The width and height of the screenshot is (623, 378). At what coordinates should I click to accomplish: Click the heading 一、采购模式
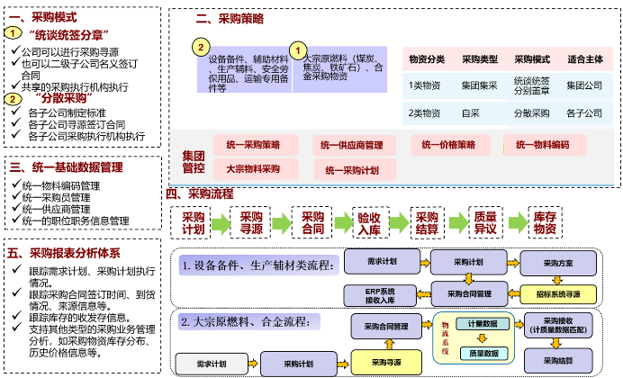tap(42, 16)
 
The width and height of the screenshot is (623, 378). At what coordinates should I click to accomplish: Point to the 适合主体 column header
tap(584, 59)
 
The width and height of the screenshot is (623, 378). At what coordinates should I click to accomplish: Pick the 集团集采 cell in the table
tap(479, 85)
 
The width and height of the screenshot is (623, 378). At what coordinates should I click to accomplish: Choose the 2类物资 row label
tap(424, 114)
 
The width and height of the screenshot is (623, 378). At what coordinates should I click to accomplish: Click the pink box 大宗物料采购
tap(253, 167)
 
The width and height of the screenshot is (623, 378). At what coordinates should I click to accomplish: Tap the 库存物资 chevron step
tap(544, 222)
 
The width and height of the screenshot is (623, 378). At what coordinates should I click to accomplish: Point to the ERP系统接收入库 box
tap(380, 293)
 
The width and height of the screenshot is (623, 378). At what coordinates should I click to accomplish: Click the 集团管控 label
tap(193, 160)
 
